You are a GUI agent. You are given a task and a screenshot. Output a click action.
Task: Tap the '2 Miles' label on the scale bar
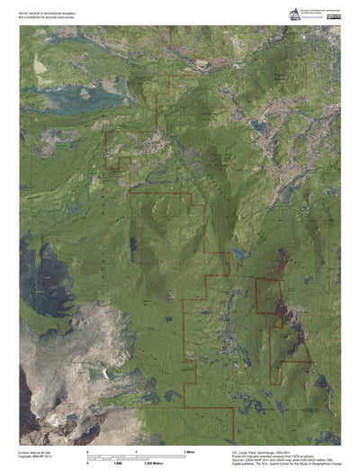190,449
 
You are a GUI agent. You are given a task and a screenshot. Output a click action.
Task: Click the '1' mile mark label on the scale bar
136,449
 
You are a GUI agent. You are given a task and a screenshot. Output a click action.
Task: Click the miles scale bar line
135,454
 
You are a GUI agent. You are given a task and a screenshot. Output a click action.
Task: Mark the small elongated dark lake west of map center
132,245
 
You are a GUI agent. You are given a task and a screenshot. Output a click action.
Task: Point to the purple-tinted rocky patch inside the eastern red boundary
285,315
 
